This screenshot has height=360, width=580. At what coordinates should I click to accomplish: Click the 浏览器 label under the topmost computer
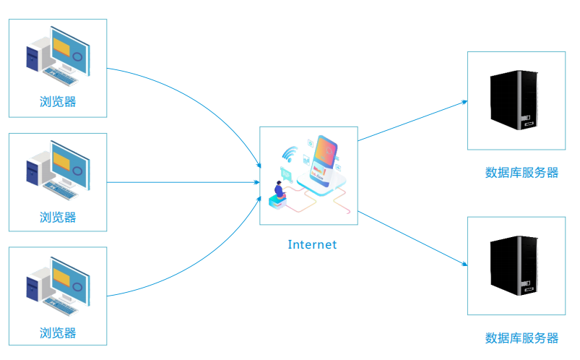click(x=58, y=102)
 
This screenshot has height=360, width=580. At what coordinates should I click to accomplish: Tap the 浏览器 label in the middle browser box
click(x=58, y=216)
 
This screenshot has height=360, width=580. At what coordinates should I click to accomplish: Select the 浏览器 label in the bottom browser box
click(x=58, y=333)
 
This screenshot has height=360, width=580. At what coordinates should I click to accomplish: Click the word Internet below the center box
click(x=312, y=244)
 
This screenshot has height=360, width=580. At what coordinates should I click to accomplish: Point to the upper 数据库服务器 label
click(x=521, y=173)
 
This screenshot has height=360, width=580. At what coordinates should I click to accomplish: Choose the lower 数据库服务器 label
click(x=521, y=338)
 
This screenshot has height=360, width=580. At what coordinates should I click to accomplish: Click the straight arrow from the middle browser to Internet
click(x=184, y=182)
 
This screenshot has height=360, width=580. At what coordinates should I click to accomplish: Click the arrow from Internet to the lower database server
click(x=412, y=239)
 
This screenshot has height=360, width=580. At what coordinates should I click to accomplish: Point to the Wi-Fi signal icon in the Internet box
click(x=290, y=154)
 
